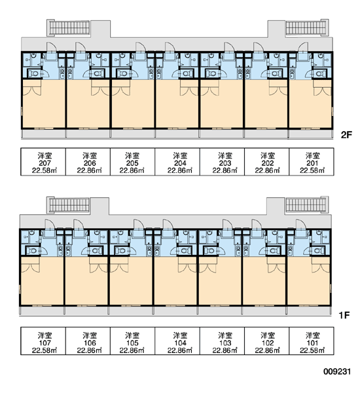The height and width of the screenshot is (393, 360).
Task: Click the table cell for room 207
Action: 43,162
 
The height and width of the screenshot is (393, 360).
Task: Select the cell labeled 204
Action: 177,162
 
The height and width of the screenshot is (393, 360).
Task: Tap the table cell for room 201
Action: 312,162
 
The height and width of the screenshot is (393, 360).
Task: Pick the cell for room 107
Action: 43,341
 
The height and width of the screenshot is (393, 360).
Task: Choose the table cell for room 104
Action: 177,341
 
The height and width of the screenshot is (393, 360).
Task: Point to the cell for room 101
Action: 312,341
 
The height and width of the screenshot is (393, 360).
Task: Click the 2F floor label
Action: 346,135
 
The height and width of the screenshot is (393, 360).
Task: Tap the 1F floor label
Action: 344,315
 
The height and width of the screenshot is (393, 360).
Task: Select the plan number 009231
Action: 337,371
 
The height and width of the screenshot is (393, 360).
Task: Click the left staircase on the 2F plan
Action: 69,28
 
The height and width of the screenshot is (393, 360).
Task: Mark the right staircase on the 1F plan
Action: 306,205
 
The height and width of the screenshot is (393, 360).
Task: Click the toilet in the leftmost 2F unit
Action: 34,73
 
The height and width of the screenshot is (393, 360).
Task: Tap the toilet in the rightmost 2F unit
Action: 319,73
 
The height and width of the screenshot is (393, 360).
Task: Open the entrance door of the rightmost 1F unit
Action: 301,225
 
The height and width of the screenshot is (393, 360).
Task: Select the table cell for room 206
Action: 88,162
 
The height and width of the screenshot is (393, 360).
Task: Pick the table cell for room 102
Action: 267,341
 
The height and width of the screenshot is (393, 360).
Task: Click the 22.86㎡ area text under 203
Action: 225,170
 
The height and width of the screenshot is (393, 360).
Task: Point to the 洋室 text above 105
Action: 132,335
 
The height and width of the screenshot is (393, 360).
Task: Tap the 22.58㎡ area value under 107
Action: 45,350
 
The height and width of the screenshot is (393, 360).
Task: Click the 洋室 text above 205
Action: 132,156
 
